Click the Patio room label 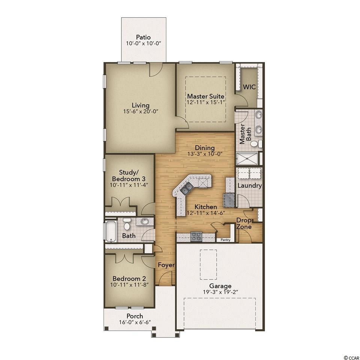click(x=143, y=37)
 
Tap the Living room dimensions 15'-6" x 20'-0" click(x=141, y=112)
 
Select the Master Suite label click(x=205, y=96)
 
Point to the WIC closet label click(x=249, y=87)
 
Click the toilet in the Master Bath click(x=255, y=144)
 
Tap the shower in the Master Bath click(x=247, y=158)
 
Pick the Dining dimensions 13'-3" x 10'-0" click(x=205, y=154)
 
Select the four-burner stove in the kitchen click(x=196, y=237)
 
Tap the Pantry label click(x=225, y=240)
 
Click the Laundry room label click(x=250, y=186)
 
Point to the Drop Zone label click(x=244, y=223)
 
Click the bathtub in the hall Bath click(x=111, y=231)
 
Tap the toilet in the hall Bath click(x=127, y=224)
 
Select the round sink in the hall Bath click(x=144, y=222)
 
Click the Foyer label click(x=166, y=265)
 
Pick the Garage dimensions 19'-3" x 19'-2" click(x=220, y=292)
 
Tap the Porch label click(x=135, y=316)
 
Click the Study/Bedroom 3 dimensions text click(x=129, y=185)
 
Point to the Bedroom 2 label click(x=129, y=279)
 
